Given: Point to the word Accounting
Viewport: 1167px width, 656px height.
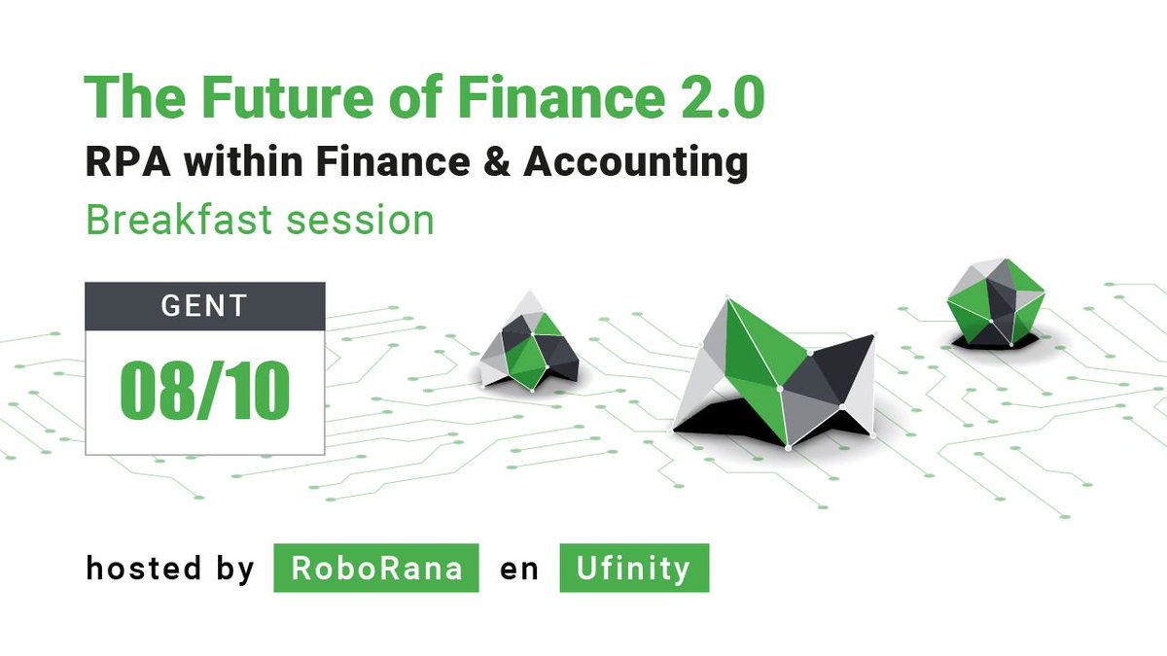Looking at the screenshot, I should pos(636,162).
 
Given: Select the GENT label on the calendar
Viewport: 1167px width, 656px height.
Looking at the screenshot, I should pos(204,306).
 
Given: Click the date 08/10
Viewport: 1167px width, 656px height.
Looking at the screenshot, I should pos(204,391).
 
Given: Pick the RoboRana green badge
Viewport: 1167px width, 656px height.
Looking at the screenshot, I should pos(375,568).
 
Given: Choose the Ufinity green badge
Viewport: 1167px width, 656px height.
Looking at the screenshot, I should pos(634,568).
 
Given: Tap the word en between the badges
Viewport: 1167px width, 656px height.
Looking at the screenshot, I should pos(519,568).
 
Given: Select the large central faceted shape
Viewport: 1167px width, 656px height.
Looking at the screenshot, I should pos(778,374).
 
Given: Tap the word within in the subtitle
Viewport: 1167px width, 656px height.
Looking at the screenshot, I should pos(246,162).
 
